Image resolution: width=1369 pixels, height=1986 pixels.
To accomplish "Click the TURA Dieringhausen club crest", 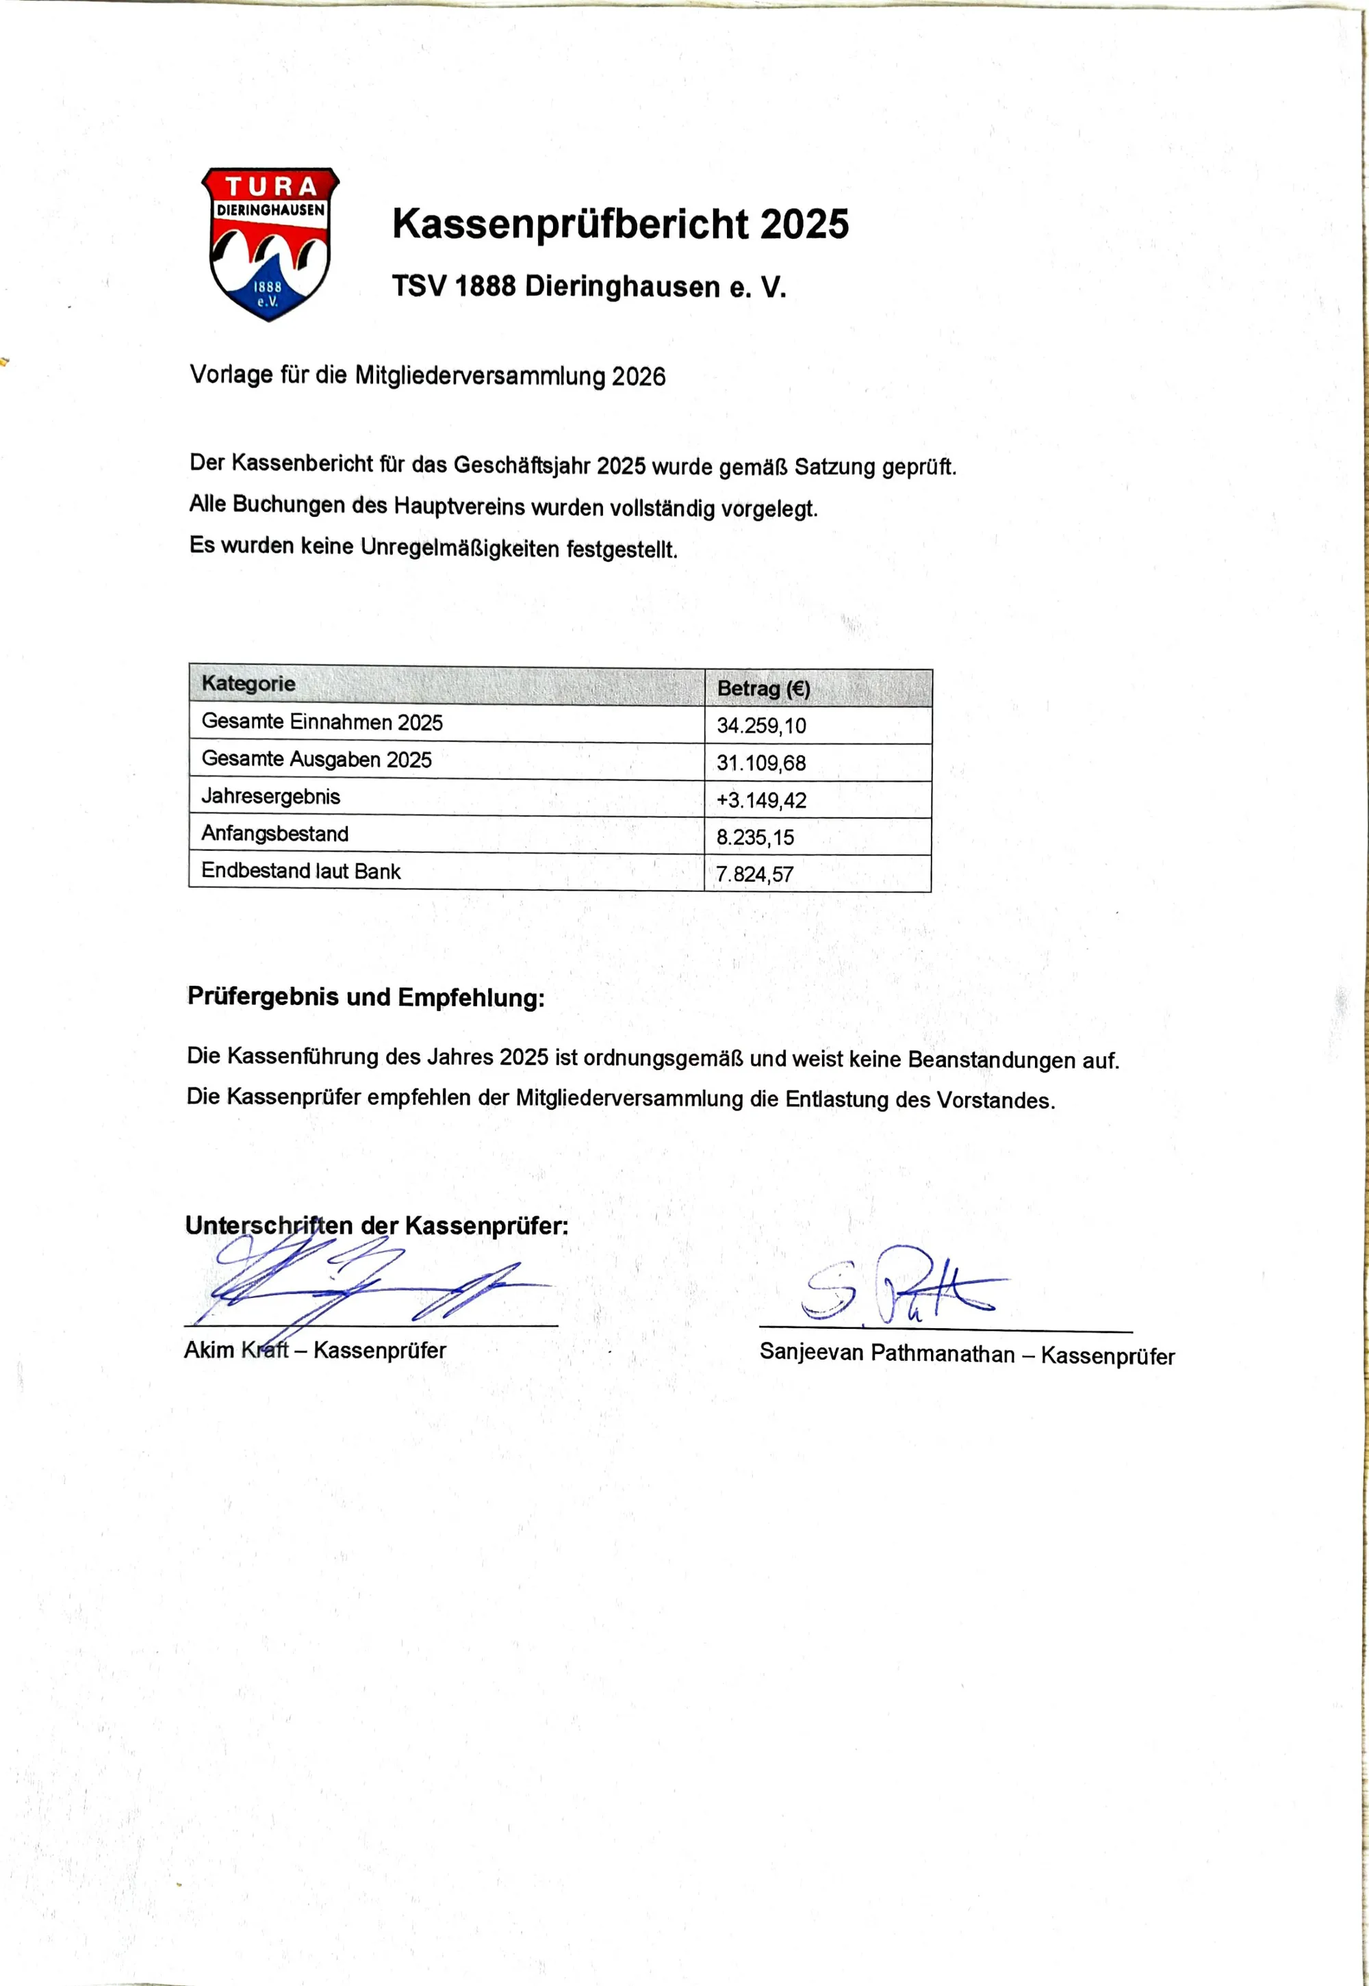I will pos(270,244).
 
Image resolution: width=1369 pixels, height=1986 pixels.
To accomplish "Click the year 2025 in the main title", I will pos(804,225).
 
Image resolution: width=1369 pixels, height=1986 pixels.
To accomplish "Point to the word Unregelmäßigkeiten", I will pos(460,547).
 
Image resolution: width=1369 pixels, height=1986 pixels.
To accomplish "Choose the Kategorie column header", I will pos(248,684).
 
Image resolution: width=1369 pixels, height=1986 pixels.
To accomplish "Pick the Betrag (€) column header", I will pos(763,689).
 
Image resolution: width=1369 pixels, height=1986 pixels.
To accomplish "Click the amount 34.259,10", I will pos(761,726).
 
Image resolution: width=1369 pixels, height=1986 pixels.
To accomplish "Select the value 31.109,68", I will pos(761,763).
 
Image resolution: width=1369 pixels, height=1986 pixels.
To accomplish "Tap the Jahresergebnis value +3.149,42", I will pos(761,800).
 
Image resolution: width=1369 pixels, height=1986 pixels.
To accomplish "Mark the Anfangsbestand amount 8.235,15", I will pos(755,837).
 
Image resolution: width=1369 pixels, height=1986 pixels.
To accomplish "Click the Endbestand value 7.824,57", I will pos(755,874).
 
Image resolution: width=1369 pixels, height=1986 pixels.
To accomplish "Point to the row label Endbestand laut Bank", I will pos(300,871).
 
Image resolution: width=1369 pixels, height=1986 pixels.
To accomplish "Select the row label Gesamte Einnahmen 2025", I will pos(322,722).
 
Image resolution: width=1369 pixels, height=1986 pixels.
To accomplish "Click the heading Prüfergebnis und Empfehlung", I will pos(366,997).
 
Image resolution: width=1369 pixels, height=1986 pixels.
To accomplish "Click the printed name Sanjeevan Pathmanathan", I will pos(886,1353).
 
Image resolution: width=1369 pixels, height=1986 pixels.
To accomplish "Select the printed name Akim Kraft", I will pos(236,1350).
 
